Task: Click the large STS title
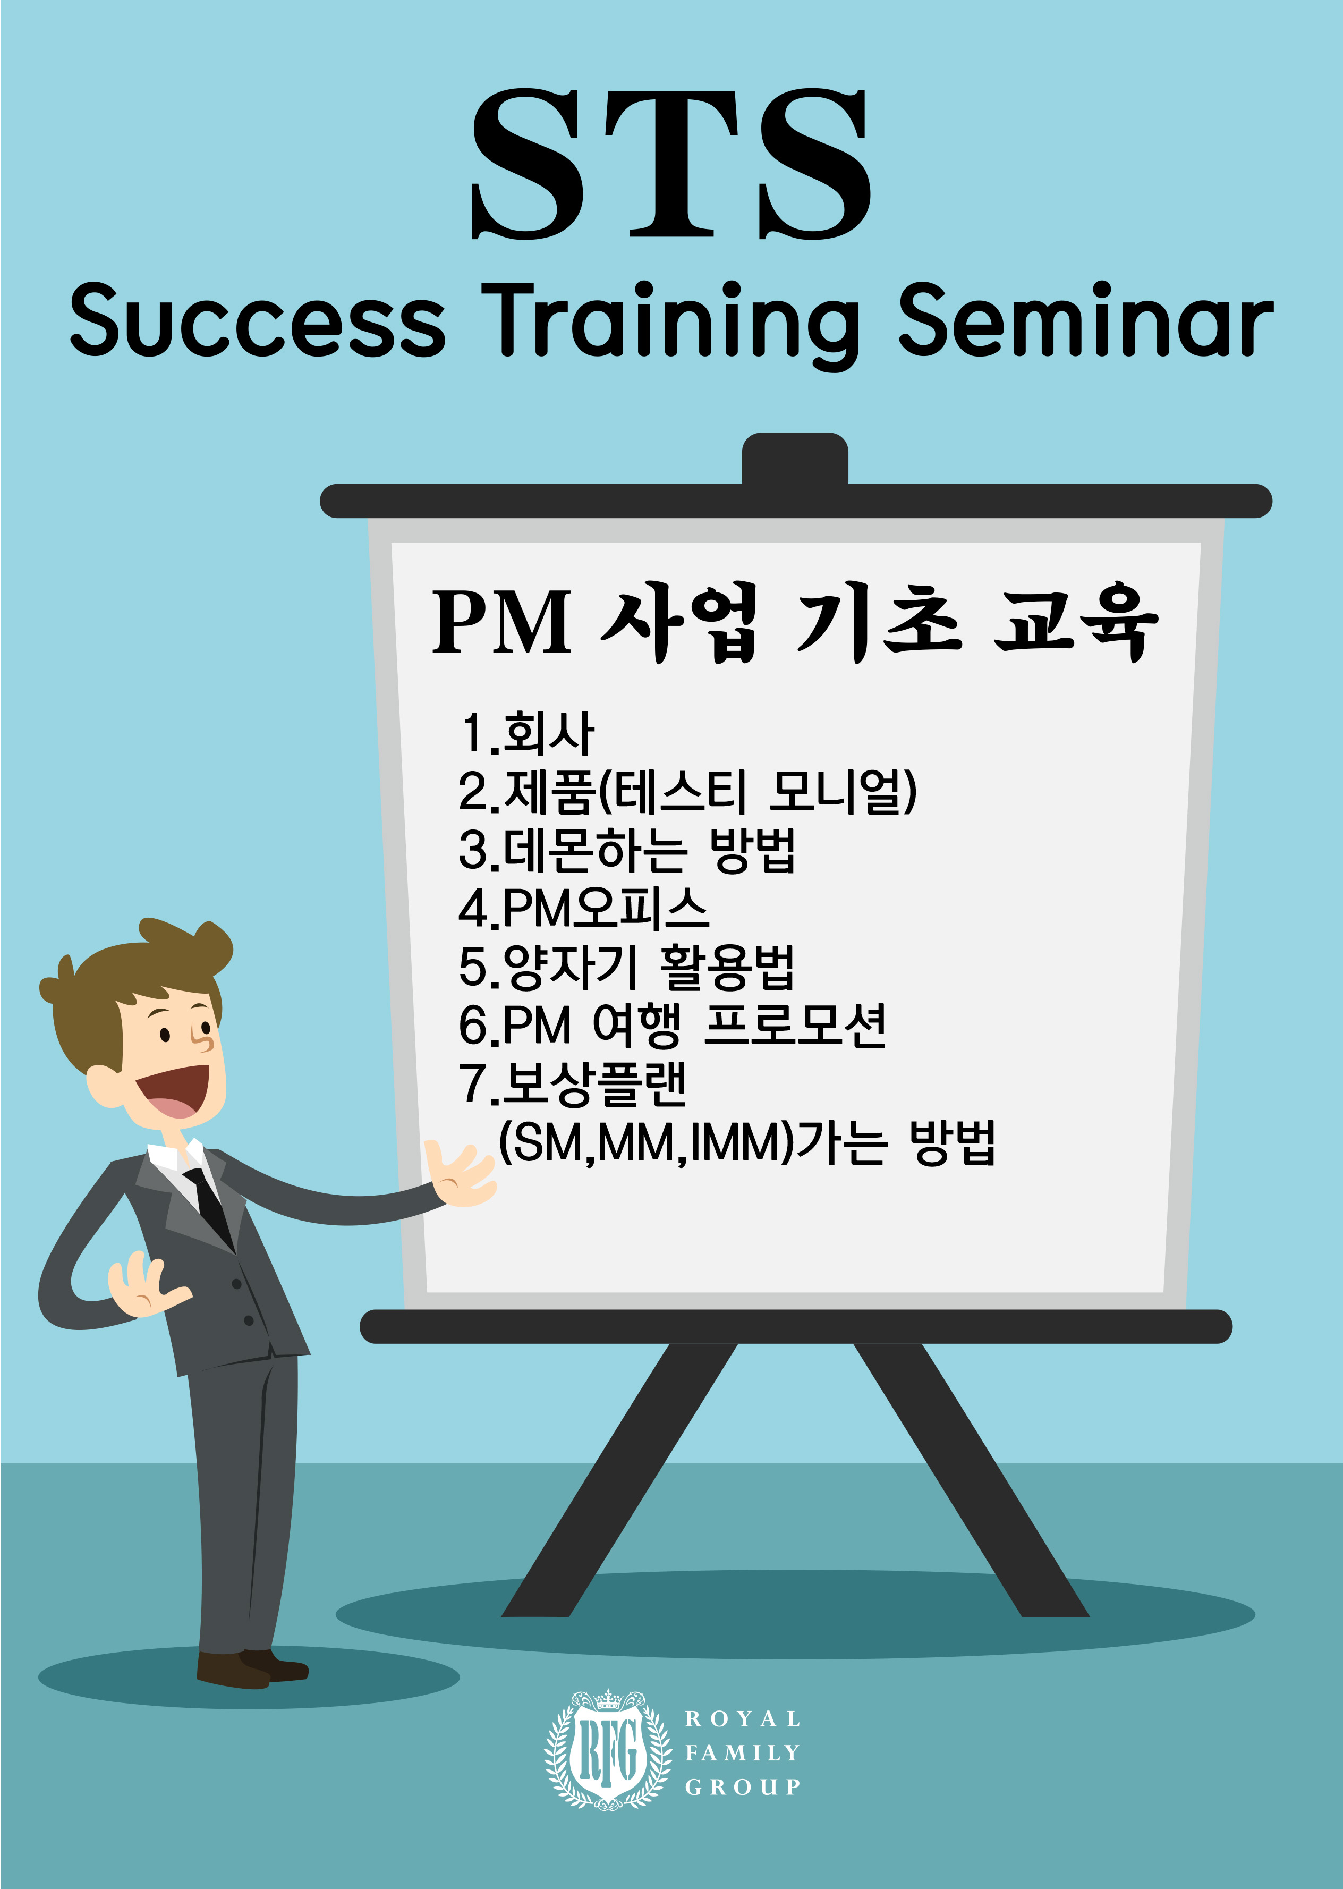[670, 164]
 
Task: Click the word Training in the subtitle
[671, 324]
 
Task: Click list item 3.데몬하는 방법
[627, 850]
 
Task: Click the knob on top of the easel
[795, 459]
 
